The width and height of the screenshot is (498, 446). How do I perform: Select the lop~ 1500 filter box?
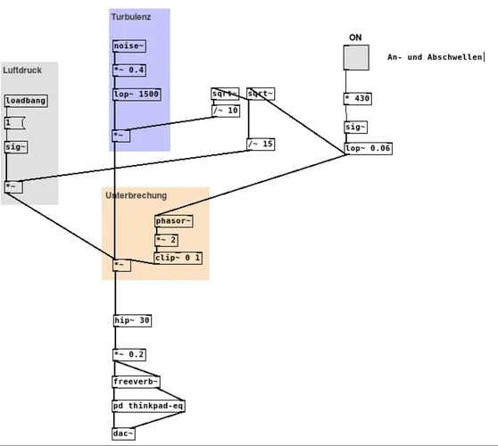pyautogui.click(x=137, y=93)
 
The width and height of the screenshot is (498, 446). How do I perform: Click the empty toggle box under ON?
pyautogui.click(x=357, y=57)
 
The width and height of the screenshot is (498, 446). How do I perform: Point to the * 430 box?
pyautogui.click(x=357, y=98)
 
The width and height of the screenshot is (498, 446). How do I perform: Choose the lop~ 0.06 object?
pyautogui.click(x=368, y=148)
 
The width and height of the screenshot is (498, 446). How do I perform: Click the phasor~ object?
pyautogui.click(x=173, y=221)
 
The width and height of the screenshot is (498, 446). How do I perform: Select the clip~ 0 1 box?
pyautogui.click(x=178, y=258)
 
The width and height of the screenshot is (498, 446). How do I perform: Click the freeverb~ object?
pyautogui.click(x=136, y=382)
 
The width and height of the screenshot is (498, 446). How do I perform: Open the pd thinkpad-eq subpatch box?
pyautogui.click(x=148, y=405)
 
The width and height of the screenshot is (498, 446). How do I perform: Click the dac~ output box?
pyautogui.click(x=124, y=434)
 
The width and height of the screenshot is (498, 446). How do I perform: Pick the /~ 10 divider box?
pyautogui.click(x=226, y=111)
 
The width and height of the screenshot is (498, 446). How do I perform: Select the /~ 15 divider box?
pyautogui.click(x=261, y=144)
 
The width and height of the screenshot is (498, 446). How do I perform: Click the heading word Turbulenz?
pyautogui.click(x=131, y=17)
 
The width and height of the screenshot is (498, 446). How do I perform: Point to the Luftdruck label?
pyautogui.click(x=22, y=70)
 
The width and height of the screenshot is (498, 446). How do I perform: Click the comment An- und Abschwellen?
pyautogui.click(x=435, y=57)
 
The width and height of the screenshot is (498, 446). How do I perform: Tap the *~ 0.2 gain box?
pyautogui.click(x=129, y=354)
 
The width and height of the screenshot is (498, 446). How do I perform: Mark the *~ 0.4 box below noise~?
pyautogui.click(x=129, y=69)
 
